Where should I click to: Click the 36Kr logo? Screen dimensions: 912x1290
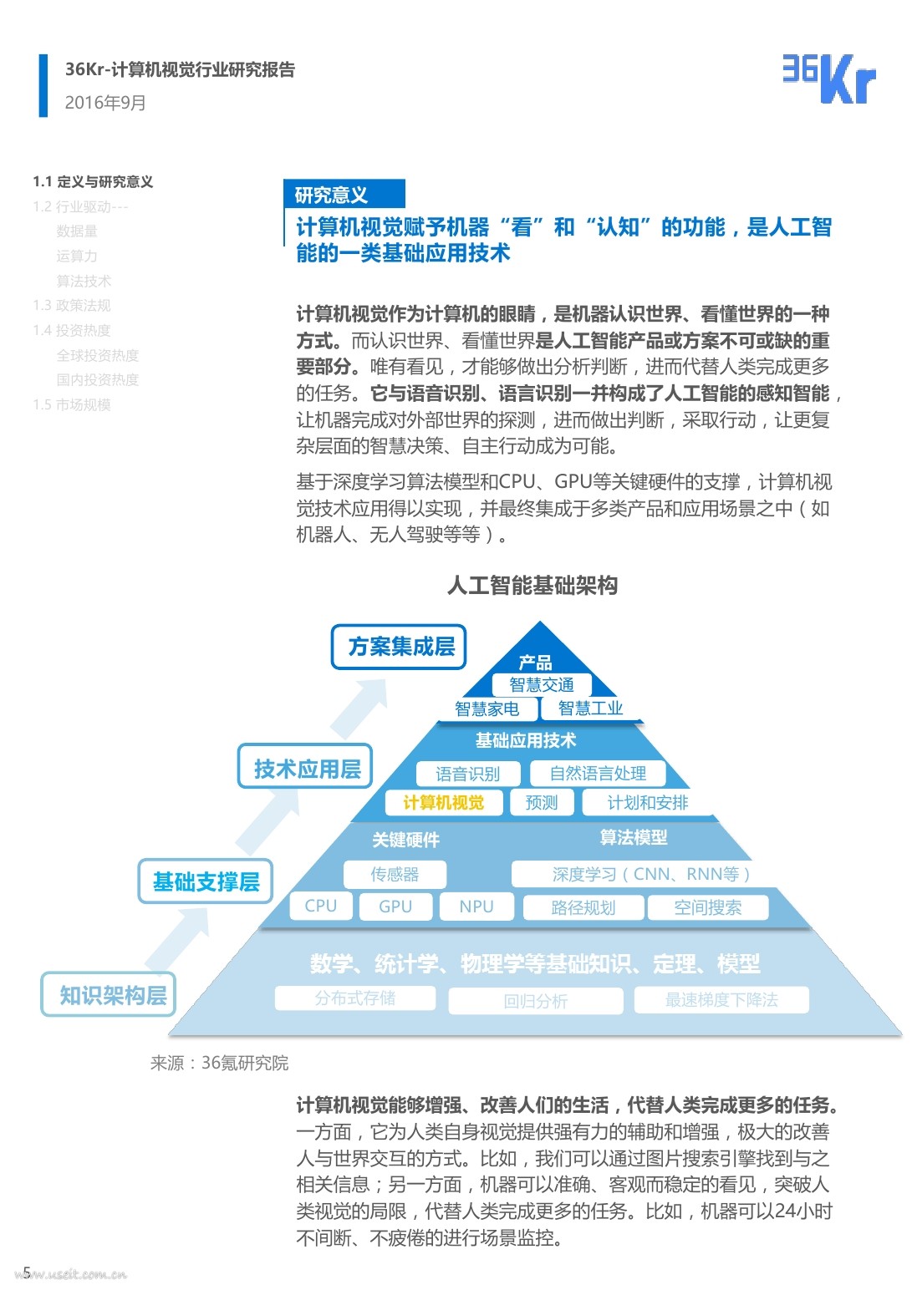click(x=828, y=79)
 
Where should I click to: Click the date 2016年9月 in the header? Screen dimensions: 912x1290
click(x=105, y=103)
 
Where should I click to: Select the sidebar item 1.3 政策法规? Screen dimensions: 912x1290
click(x=72, y=306)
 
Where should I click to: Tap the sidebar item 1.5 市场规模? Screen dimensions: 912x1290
click(x=72, y=405)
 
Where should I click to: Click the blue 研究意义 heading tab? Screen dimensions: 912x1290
click(x=344, y=195)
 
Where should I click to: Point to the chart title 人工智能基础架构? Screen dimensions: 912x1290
click(x=532, y=586)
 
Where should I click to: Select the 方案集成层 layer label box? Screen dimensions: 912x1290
click(x=399, y=647)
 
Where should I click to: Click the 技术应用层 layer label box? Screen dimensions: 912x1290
click(x=306, y=769)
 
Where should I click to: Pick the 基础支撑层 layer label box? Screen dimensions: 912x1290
click(x=206, y=881)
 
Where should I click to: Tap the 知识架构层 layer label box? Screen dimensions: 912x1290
click(x=110, y=994)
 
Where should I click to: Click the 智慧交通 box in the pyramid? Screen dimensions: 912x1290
click(x=542, y=685)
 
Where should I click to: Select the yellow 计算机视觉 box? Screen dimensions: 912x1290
click(x=443, y=803)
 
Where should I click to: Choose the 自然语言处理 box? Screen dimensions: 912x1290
click(x=598, y=774)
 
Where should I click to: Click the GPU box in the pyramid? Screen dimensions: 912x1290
click(x=395, y=907)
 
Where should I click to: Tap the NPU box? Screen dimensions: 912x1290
click(x=476, y=907)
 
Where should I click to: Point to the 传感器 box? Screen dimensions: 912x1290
click(x=395, y=875)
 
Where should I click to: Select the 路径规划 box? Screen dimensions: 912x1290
click(x=583, y=908)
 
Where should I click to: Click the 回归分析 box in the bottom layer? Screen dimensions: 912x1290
click(x=535, y=1001)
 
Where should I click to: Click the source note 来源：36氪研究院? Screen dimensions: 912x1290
click(x=219, y=1063)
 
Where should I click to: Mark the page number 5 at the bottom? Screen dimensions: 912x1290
click(x=27, y=1272)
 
